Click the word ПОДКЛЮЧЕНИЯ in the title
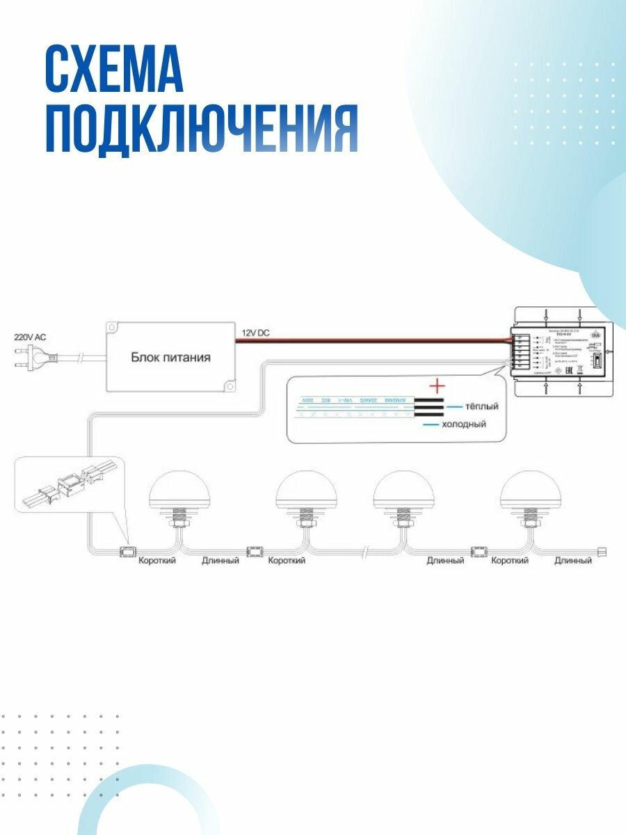202,130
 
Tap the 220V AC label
30,337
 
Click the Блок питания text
170,358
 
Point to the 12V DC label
255,333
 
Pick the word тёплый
482,406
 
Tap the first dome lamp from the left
181,491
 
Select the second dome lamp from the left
306,491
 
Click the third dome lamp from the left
403,491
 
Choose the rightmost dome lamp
531,491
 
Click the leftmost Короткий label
157,561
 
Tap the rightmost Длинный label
573,561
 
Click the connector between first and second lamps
255,552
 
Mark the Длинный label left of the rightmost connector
445,561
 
